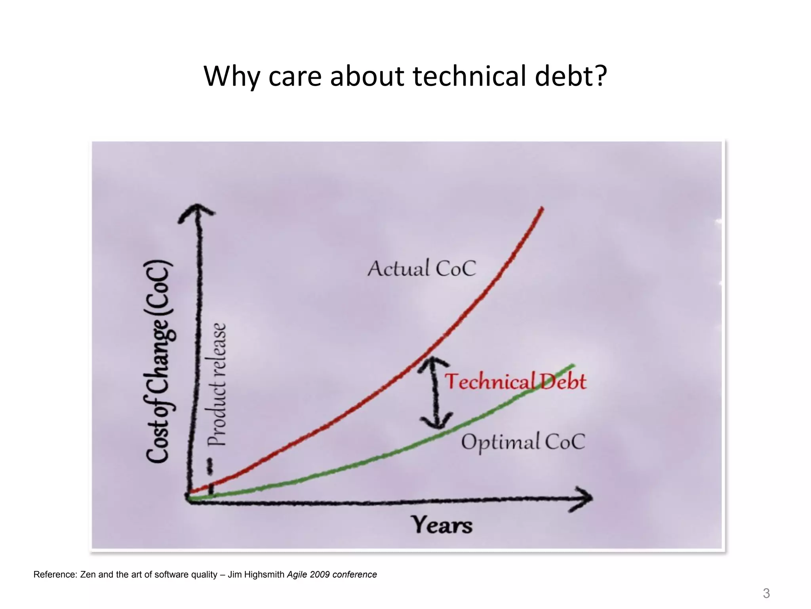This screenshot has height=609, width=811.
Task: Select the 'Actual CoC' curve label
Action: pos(422,268)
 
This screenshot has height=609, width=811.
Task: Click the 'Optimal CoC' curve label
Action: pos(523,442)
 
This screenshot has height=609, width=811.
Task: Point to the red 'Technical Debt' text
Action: pos(515,381)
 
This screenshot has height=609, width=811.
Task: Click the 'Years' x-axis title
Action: pos(442,525)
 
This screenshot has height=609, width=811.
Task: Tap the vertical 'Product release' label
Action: pos(217,385)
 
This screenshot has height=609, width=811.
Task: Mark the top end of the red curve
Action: pos(542,208)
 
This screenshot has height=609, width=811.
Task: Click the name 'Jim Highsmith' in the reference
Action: pos(256,575)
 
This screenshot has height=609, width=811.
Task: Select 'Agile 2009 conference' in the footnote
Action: pos(332,575)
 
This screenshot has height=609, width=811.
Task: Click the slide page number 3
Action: pos(766,594)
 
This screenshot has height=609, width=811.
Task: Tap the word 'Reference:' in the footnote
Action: pos(55,575)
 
